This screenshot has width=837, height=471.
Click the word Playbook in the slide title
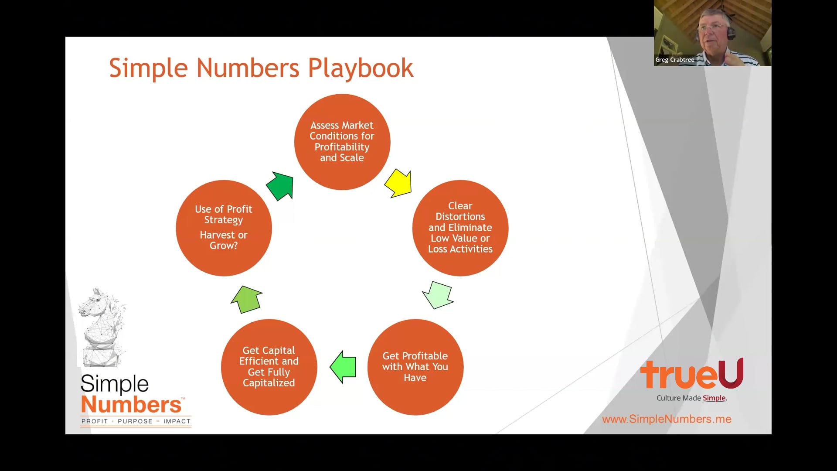361,68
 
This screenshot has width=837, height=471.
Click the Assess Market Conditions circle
342,142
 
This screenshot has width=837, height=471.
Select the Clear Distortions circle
460,228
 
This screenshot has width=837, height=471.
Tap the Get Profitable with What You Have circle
415,367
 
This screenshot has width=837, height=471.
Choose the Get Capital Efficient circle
269,367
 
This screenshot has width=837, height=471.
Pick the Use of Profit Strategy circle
224,228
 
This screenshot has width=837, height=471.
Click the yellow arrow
398,183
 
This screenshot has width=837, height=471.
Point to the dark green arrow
280,186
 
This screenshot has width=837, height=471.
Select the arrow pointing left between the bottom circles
343,367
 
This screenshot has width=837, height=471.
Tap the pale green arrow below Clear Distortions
438,295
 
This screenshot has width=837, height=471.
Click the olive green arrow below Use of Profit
247,299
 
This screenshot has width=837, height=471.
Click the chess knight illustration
102,327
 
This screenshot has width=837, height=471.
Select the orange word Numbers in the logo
131,404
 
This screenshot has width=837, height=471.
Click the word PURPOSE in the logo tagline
135,421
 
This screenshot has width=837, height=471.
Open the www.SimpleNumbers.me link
667,419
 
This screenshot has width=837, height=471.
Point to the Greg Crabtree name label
675,60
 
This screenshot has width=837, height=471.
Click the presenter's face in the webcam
713,31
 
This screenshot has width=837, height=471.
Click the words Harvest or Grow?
224,240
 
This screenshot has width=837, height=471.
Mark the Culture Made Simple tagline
692,398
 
